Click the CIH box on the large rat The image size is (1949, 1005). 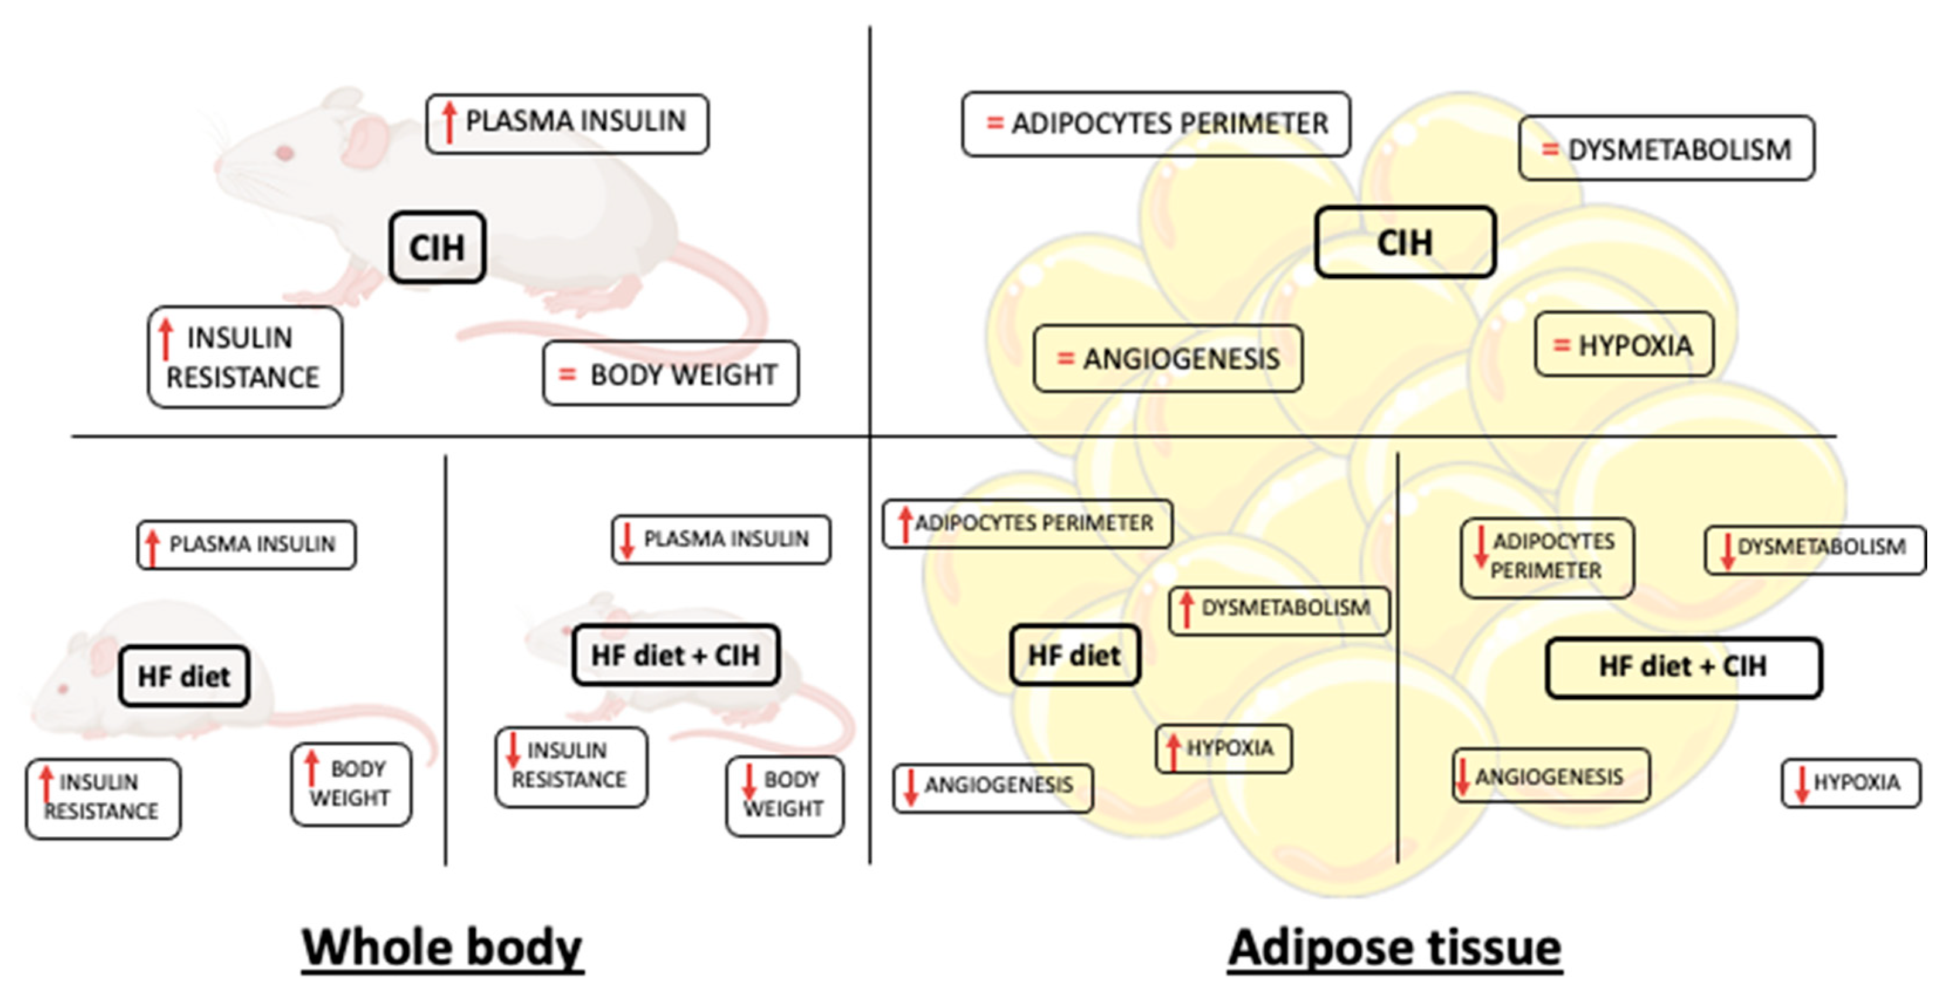tap(438, 247)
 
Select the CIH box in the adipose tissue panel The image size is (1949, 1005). tap(1404, 242)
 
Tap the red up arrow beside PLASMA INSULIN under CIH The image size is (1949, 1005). tap(449, 122)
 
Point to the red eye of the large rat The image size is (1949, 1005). tap(285, 154)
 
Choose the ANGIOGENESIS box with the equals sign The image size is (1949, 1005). tap(1167, 359)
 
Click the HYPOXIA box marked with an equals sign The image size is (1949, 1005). tap(1624, 345)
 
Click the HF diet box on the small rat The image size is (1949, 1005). tap(184, 676)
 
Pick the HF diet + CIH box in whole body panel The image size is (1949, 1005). tap(675, 655)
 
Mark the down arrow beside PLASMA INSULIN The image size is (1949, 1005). tap(626, 540)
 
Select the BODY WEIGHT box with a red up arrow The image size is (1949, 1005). tap(351, 783)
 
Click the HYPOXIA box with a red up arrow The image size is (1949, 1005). tap(1223, 748)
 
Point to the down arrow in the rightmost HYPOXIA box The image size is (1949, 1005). tap(1801, 783)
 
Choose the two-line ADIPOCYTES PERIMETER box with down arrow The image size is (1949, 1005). tap(1547, 557)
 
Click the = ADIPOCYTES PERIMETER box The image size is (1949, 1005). tap(1155, 124)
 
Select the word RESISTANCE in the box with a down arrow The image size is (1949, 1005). tap(569, 779)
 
